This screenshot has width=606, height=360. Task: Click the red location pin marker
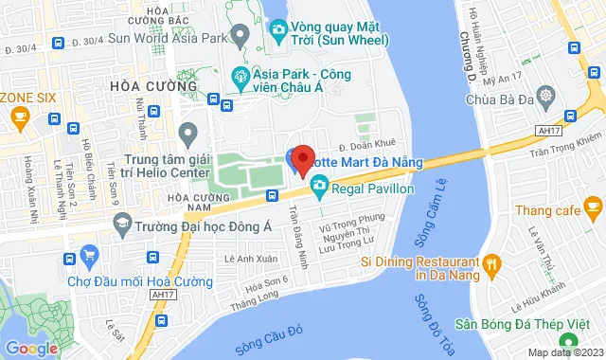(x=302, y=160)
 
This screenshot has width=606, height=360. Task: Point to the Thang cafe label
(x=552, y=207)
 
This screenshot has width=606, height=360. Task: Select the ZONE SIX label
(x=29, y=98)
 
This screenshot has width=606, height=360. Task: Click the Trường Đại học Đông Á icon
(x=121, y=225)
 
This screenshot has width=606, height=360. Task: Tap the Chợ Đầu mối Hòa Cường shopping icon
(x=91, y=254)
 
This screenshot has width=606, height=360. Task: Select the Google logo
(x=31, y=348)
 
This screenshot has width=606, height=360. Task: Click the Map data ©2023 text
(x=562, y=352)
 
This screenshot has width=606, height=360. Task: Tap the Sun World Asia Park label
(x=145, y=39)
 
